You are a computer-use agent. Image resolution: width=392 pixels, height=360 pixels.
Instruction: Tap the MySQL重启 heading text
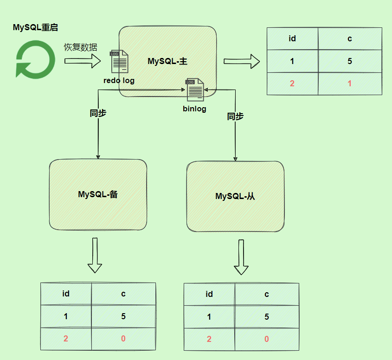pos(35,27)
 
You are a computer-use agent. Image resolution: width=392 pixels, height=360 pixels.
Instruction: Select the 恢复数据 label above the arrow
pos(80,47)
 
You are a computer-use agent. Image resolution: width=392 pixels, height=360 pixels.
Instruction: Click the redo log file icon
pos(119,62)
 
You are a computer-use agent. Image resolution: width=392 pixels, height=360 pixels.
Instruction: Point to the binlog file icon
pos(195,90)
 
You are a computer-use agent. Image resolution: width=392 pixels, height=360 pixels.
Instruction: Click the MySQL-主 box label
pos(167,61)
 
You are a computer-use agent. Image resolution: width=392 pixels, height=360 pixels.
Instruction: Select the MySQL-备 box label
pos(98,194)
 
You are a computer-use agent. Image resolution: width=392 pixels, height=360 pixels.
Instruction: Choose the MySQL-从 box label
pos(235,196)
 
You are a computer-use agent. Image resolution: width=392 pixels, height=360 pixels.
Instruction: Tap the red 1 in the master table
pos(349,84)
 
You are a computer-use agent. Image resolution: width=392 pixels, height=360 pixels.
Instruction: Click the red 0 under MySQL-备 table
pos(123,339)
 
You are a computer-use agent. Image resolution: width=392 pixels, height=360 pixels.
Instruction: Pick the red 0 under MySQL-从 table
pos(266,339)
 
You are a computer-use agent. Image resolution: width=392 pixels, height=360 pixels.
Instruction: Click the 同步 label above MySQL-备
pos(98,113)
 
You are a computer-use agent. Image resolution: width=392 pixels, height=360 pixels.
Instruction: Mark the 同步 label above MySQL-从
pos(235,116)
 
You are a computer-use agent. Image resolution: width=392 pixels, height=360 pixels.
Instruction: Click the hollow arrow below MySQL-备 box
pos(95,255)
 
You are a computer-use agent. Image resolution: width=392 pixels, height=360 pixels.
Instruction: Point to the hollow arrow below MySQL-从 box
pos(241,257)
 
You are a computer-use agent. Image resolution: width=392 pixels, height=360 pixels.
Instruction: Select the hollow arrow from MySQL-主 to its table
pos(242,61)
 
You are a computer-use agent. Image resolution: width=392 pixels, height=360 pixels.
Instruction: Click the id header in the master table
pos(292,39)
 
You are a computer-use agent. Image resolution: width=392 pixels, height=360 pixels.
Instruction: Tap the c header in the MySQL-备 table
pos(123,294)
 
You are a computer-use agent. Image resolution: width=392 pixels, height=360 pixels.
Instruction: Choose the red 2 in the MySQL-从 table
pos(209,339)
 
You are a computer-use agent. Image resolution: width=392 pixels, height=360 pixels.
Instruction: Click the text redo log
pos(119,80)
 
